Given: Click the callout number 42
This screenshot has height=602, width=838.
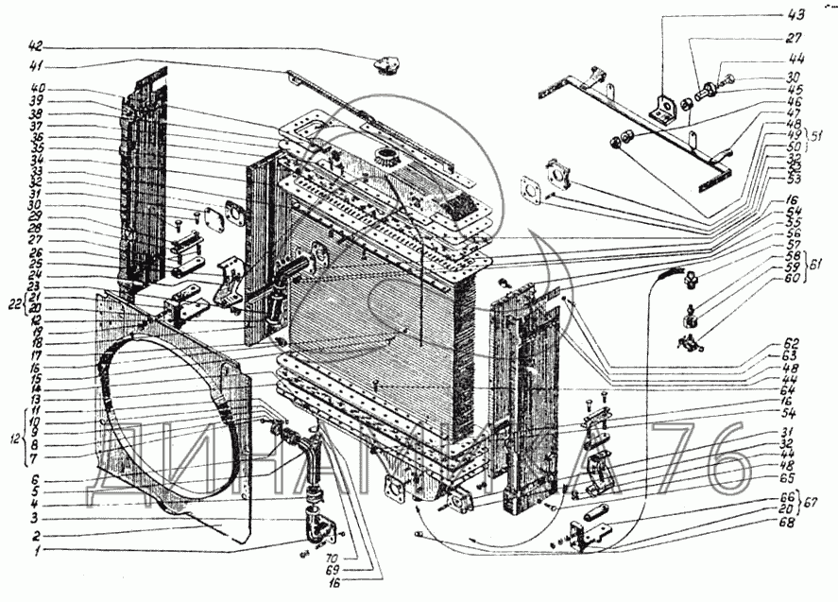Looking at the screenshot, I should point(36,46).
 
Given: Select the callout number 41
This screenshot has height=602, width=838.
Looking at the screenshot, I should point(36,66).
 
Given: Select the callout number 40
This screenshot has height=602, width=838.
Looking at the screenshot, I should point(36,90).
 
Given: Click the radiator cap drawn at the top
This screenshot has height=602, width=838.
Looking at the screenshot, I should point(385,67).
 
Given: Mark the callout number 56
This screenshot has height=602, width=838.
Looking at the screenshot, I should point(792,233).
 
